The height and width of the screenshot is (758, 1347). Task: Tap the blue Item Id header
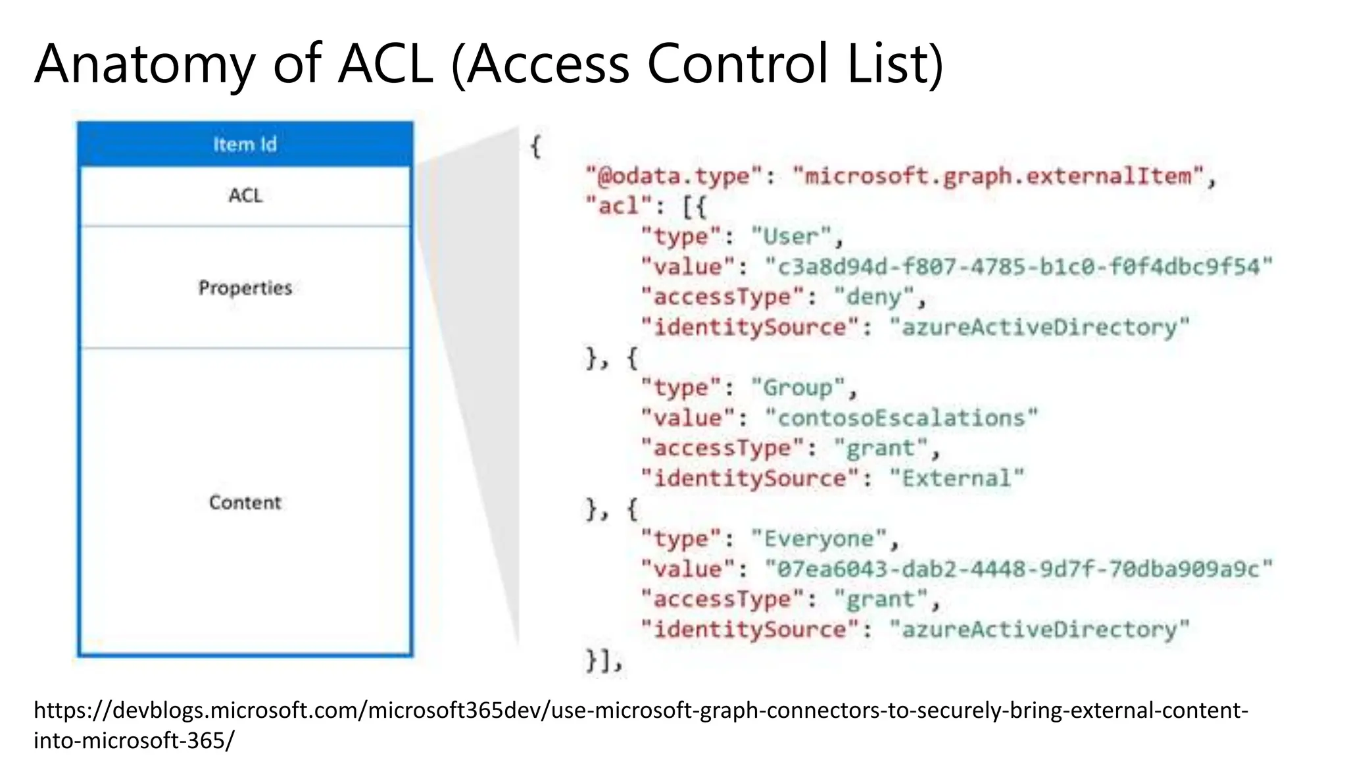[x=245, y=144]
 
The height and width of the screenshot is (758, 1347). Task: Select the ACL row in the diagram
[x=245, y=195]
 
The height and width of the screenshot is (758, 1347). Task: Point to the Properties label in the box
[x=245, y=288]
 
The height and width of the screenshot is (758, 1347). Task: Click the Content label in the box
[x=245, y=502]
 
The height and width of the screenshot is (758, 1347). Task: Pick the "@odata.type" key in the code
[x=673, y=176]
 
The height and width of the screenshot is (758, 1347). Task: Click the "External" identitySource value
[x=956, y=478]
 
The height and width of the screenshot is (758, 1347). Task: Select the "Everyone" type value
[x=819, y=539]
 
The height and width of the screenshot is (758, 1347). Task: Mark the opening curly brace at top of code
[x=535, y=146]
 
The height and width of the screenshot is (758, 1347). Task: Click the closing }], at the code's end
[x=602, y=660]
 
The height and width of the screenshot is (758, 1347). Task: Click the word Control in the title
[x=737, y=64]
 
